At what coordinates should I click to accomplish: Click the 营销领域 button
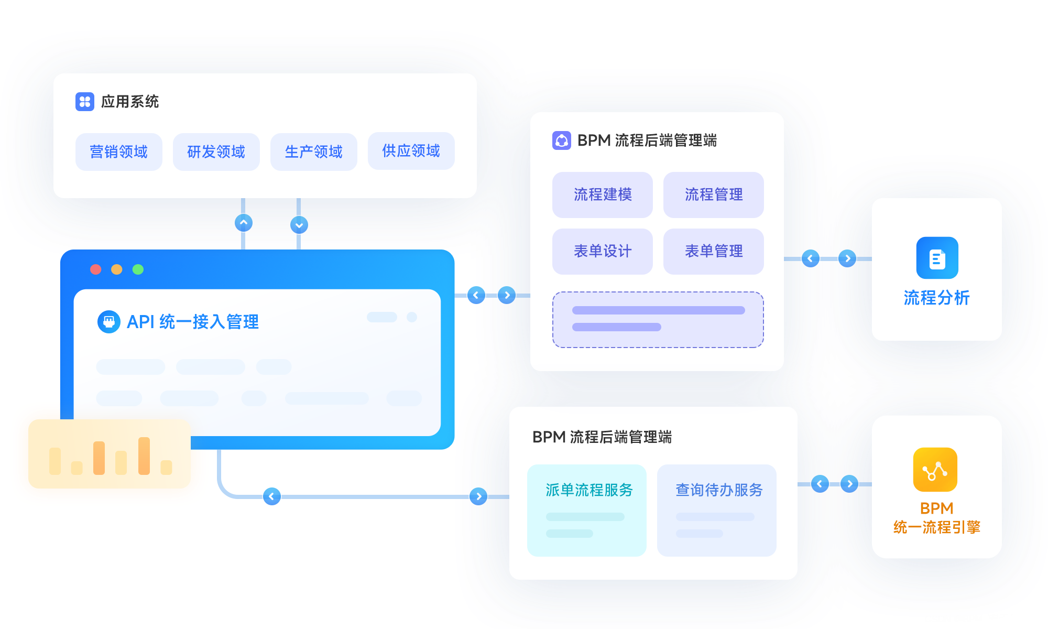click(x=119, y=152)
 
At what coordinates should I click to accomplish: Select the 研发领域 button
click(x=216, y=152)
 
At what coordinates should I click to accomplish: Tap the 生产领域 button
click(x=313, y=152)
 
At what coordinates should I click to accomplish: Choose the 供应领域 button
click(x=411, y=151)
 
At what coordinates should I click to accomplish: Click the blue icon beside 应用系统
click(x=85, y=102)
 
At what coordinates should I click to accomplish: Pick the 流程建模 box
click(x=603, y=195)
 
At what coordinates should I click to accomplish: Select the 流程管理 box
click(x=713, y=195)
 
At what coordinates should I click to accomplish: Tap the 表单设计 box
click(x=603, y=252)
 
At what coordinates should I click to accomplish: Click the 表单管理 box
click(x=713, y=252)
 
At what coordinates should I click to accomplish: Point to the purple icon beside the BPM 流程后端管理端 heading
click(x=562, y=140)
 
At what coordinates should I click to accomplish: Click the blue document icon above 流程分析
click(x=937, y=258)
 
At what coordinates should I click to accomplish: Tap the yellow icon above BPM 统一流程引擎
click(x=935, y=470)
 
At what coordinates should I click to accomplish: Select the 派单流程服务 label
click(x=589, y=490)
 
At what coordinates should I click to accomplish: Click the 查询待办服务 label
click(x=719, y=490)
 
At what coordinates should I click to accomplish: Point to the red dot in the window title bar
click(x=96, y=269)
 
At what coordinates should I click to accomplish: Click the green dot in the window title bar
click(x=138, y=269)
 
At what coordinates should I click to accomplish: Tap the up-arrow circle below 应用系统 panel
click(x=244, y=223)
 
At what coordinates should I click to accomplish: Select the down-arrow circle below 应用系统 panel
click(x=299, y=225)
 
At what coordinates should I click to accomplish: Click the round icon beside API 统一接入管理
click(x=109, y=322)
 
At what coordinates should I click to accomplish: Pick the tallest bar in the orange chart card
click(x=144, y=456)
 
